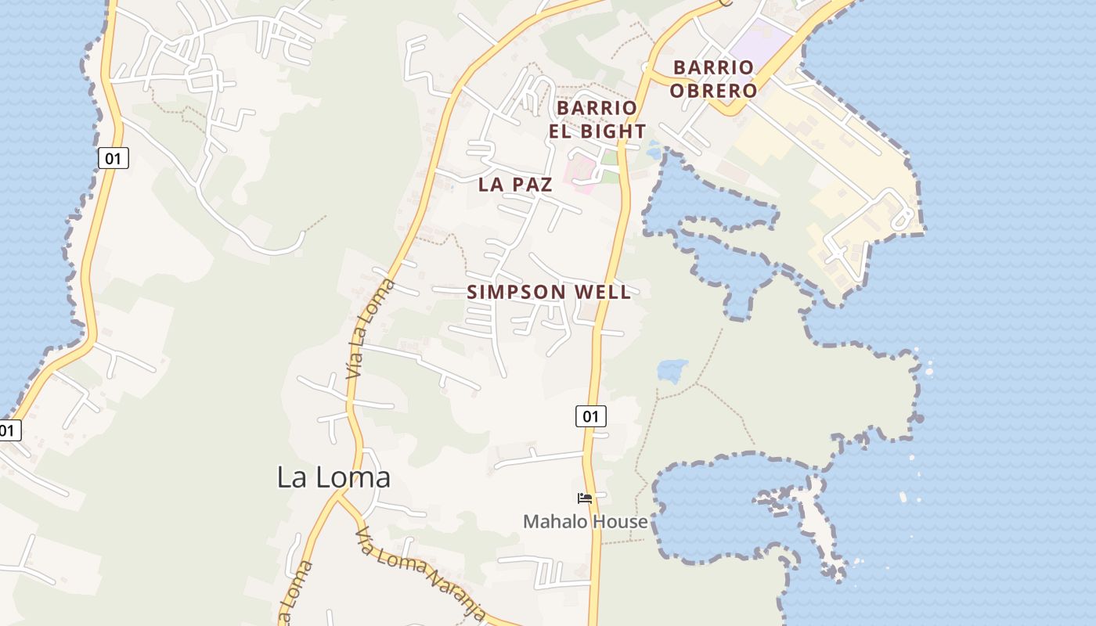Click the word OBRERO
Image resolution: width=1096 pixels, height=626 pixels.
tap(713, 91)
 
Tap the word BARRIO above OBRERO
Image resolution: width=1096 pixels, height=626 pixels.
tap(713, 68)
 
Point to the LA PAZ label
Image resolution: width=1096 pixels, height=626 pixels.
tap(515, 185)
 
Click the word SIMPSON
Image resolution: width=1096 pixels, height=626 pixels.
tap(516, 293)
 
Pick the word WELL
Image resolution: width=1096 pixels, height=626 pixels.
tap(603, 293)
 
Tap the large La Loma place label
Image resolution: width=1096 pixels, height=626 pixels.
tap(333, 477)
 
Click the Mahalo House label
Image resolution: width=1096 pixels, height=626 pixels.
tap(586, 522)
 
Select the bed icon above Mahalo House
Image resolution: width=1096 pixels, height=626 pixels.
tap(585, 498)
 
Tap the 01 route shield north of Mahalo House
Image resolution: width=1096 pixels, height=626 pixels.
tap(590, 416)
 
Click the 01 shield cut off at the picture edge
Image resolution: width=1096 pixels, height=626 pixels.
tap(8, 430)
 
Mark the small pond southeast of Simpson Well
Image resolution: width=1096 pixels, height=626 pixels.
tap(672, 370)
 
